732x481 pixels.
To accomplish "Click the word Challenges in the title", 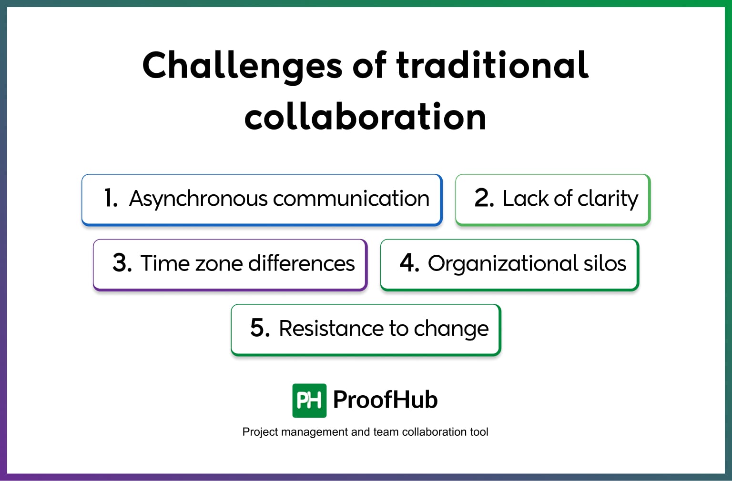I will (x=242, y=66).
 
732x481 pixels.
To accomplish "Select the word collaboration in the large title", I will (x=365, y=117).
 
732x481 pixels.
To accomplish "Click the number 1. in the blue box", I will (x=111, y=198).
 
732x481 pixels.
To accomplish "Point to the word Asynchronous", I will (x=198, y=199).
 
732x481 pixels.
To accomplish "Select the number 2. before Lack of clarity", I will (x=484, y=198).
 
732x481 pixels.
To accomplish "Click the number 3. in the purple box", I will (x=122, y=263).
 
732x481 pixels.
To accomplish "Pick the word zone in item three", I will (x=217, y=263).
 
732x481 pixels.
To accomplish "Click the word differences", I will (x=301, y=263).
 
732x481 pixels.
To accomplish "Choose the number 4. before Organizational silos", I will (x=409, y=263).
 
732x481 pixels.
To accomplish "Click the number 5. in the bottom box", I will (x=260, y=328).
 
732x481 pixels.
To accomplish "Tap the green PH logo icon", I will (x=309, y=401).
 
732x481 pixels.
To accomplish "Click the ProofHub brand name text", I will (x=385, y=400).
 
